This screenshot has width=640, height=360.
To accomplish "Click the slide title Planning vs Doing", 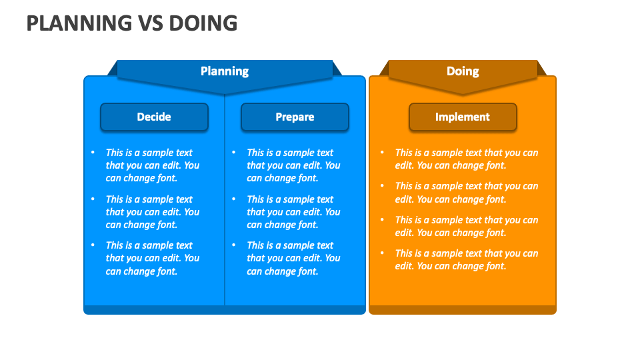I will pyautogui.click(x=131, y=23).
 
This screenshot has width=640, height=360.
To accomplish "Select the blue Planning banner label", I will pyautogui.click(x=225, y=71).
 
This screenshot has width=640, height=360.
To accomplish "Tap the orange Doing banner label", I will pyautogui.click(x=463, y=71).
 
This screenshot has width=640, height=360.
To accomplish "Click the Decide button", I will pyautogui.click(x=154, y=117).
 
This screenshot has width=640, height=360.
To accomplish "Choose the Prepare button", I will pyautogui.click(x=295, y=117).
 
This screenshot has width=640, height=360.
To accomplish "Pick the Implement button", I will pyautogui.click(x=463, y=117).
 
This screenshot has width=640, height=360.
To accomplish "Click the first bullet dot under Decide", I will pyautogui.click(x=93, y=153).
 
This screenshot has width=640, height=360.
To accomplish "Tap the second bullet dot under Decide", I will pyautogui.click(x=93, y=199).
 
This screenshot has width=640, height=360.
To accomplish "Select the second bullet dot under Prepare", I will pyautogui.click(x=234, y=199).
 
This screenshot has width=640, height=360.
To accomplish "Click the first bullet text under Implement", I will pyautogui.click(x=466, y=159).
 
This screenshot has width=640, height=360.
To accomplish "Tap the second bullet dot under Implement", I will pyautogui.click(x=382, y=186).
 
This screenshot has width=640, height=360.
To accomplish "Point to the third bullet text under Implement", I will pyautogui.click(x=466, y=226).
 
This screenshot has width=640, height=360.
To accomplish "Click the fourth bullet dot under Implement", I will pyautogui.click(x=382, y=253).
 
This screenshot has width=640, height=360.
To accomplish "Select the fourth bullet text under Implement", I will pyautogui.click(x=466, y=259).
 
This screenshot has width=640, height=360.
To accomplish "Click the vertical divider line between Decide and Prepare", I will pyautogui.click(x=225, y=200).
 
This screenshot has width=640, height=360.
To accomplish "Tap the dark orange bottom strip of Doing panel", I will pyautogui.click(x=463, y=310).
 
